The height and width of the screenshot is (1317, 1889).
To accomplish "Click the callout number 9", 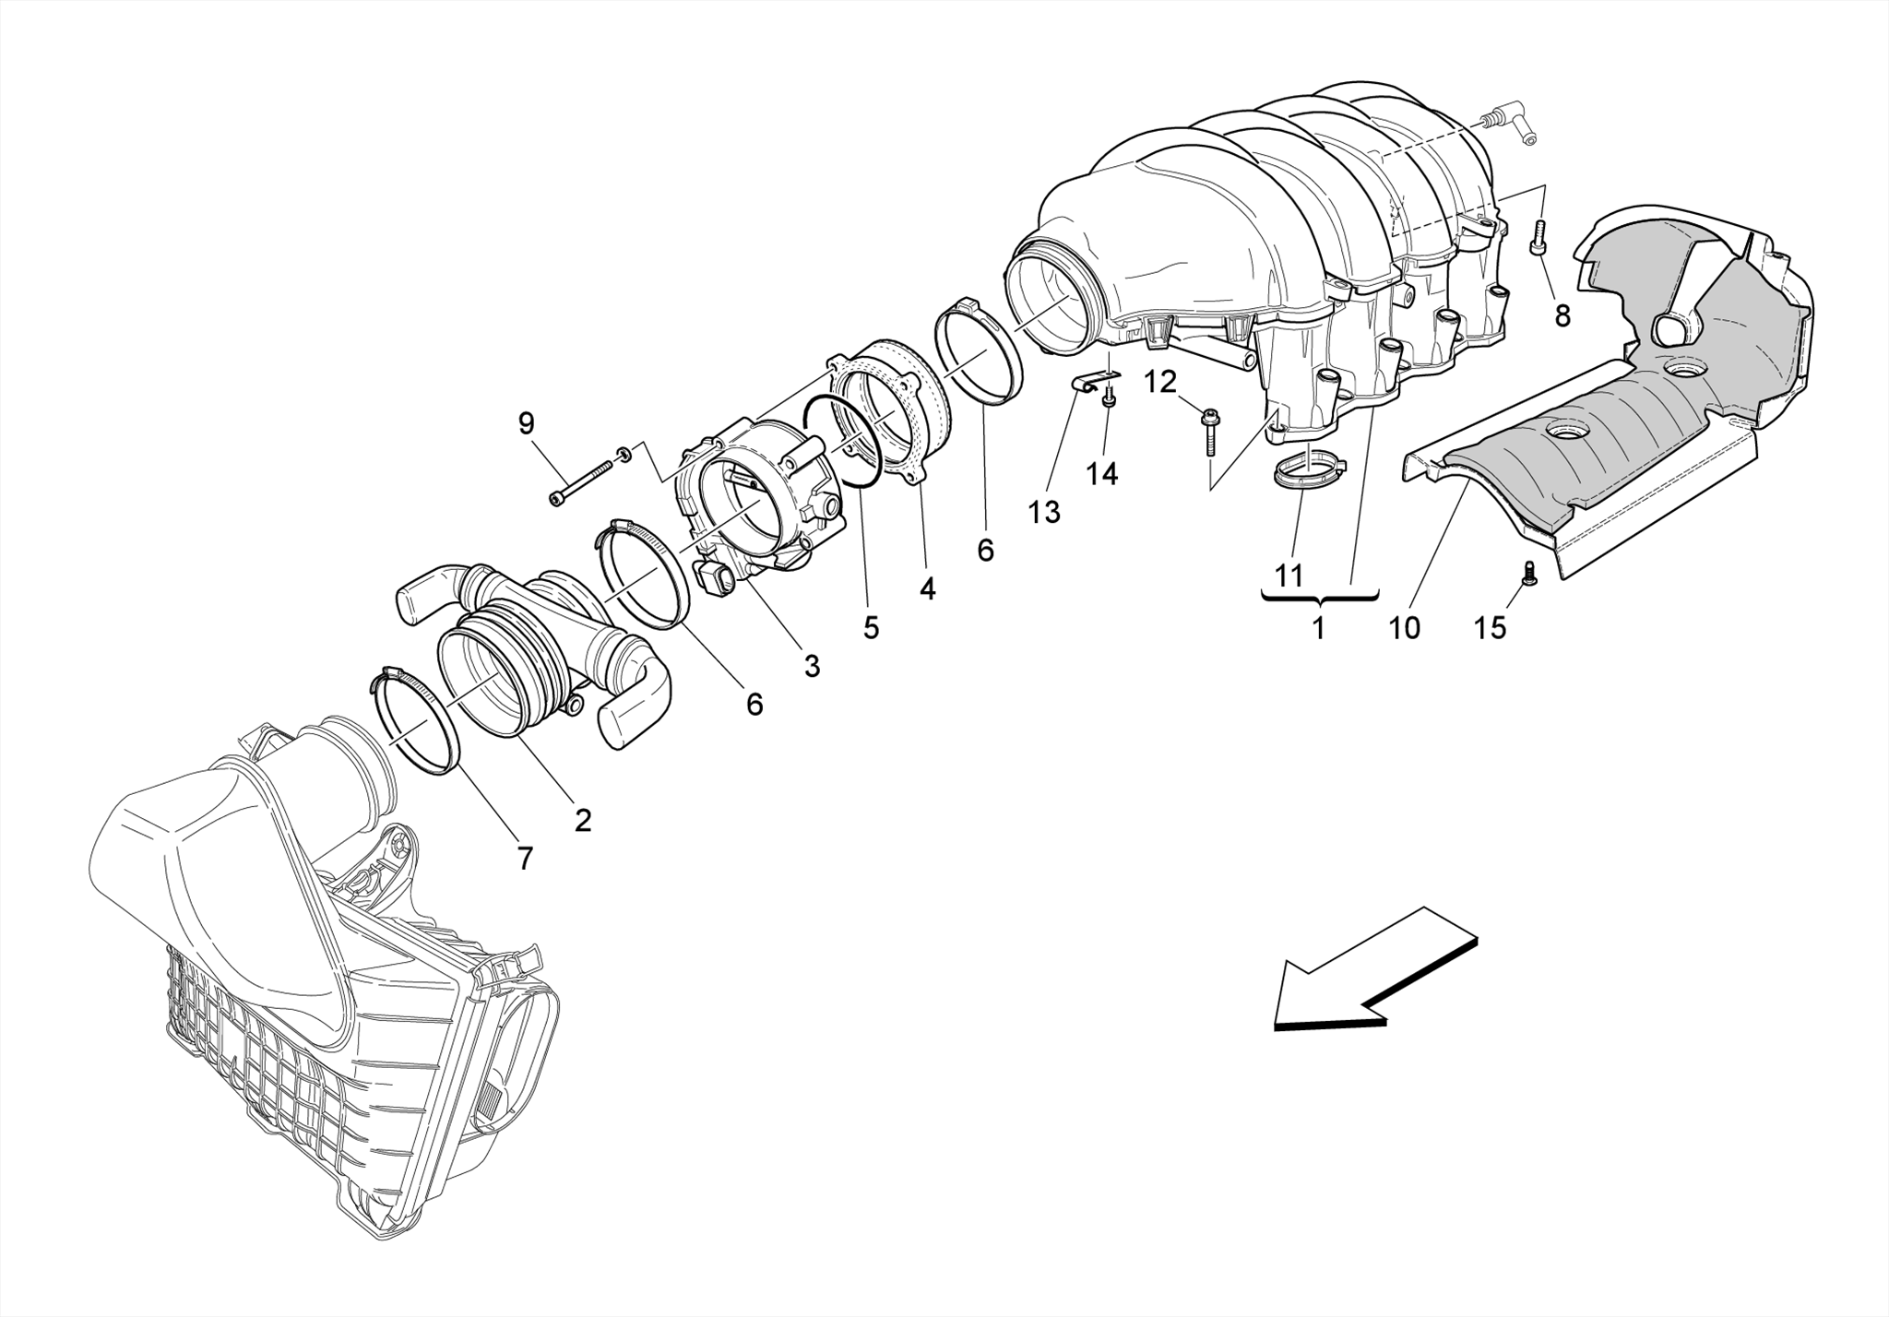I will (x=526, y=423).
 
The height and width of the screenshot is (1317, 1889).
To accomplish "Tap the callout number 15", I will (x=1490, y=628).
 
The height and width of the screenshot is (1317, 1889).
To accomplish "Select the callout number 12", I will (x=1161, y=381).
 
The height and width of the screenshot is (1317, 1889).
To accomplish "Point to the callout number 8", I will (x=1562, y=315).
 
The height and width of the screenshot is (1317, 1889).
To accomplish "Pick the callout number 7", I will (x=525, y=859).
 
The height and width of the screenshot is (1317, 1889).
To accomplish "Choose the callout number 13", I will (x=1044, y=512).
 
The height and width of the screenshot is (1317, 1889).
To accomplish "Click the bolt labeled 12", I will (x=1209, y=433).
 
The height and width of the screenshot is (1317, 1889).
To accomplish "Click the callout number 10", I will (x=1405, y=628).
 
